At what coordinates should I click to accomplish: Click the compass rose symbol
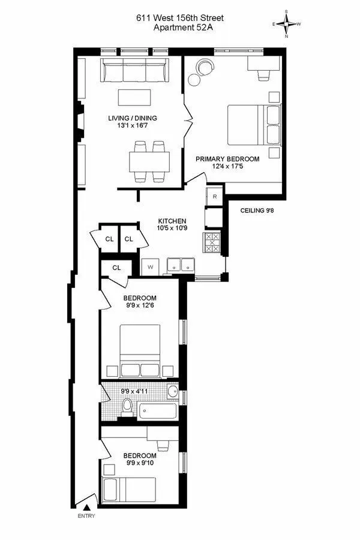click(287, 25)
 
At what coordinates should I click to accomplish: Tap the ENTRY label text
click(86, 516)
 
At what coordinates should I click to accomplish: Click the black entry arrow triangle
click(86, 507)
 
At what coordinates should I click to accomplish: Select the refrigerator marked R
click(214, 196)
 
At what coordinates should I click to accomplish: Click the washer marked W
click(150, 266)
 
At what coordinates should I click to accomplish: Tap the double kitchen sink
click(178, 265)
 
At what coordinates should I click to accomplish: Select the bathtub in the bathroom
click(157, 412)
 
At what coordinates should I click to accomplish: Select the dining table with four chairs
click(149, 161)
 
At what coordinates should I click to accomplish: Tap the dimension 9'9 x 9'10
click(140, 463)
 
